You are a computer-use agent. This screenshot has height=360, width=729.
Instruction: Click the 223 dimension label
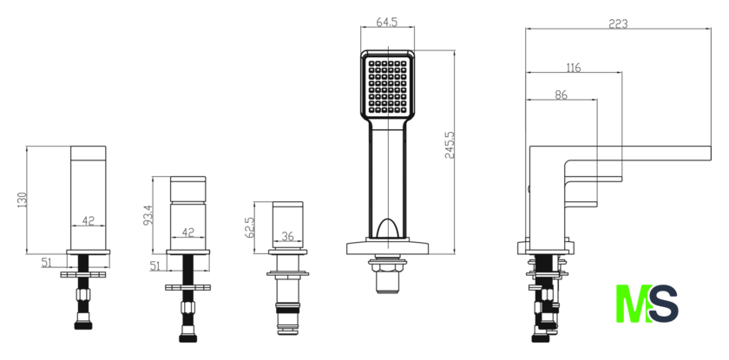point(618,23)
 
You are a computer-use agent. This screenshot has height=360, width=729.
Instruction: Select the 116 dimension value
point(574,68)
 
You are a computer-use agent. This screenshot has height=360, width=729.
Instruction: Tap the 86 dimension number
point(562,95)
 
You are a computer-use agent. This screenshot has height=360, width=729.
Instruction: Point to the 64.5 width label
point(387,23)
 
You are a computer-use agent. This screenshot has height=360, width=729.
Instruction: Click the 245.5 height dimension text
point(450,145)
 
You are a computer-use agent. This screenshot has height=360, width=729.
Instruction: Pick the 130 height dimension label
point(22,200)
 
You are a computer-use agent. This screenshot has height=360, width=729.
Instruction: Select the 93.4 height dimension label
point(148,215)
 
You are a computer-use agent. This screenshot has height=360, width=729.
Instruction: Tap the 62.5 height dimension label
point(249,227)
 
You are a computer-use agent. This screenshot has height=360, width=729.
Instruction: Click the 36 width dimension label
point(288,237)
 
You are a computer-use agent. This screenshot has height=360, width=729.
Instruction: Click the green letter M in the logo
point(634,304)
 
